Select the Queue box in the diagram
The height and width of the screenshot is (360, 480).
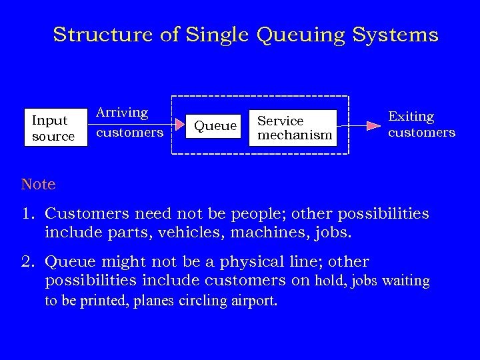(215, 125)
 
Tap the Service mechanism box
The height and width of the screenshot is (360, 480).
(294, 128)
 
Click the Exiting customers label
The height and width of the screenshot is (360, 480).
(421, 125)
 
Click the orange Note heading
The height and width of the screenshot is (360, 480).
(38, 184)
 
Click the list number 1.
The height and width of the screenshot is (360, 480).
(27, 214)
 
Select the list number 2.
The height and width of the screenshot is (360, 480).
(27, 261)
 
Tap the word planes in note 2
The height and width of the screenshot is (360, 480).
(153, 301)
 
